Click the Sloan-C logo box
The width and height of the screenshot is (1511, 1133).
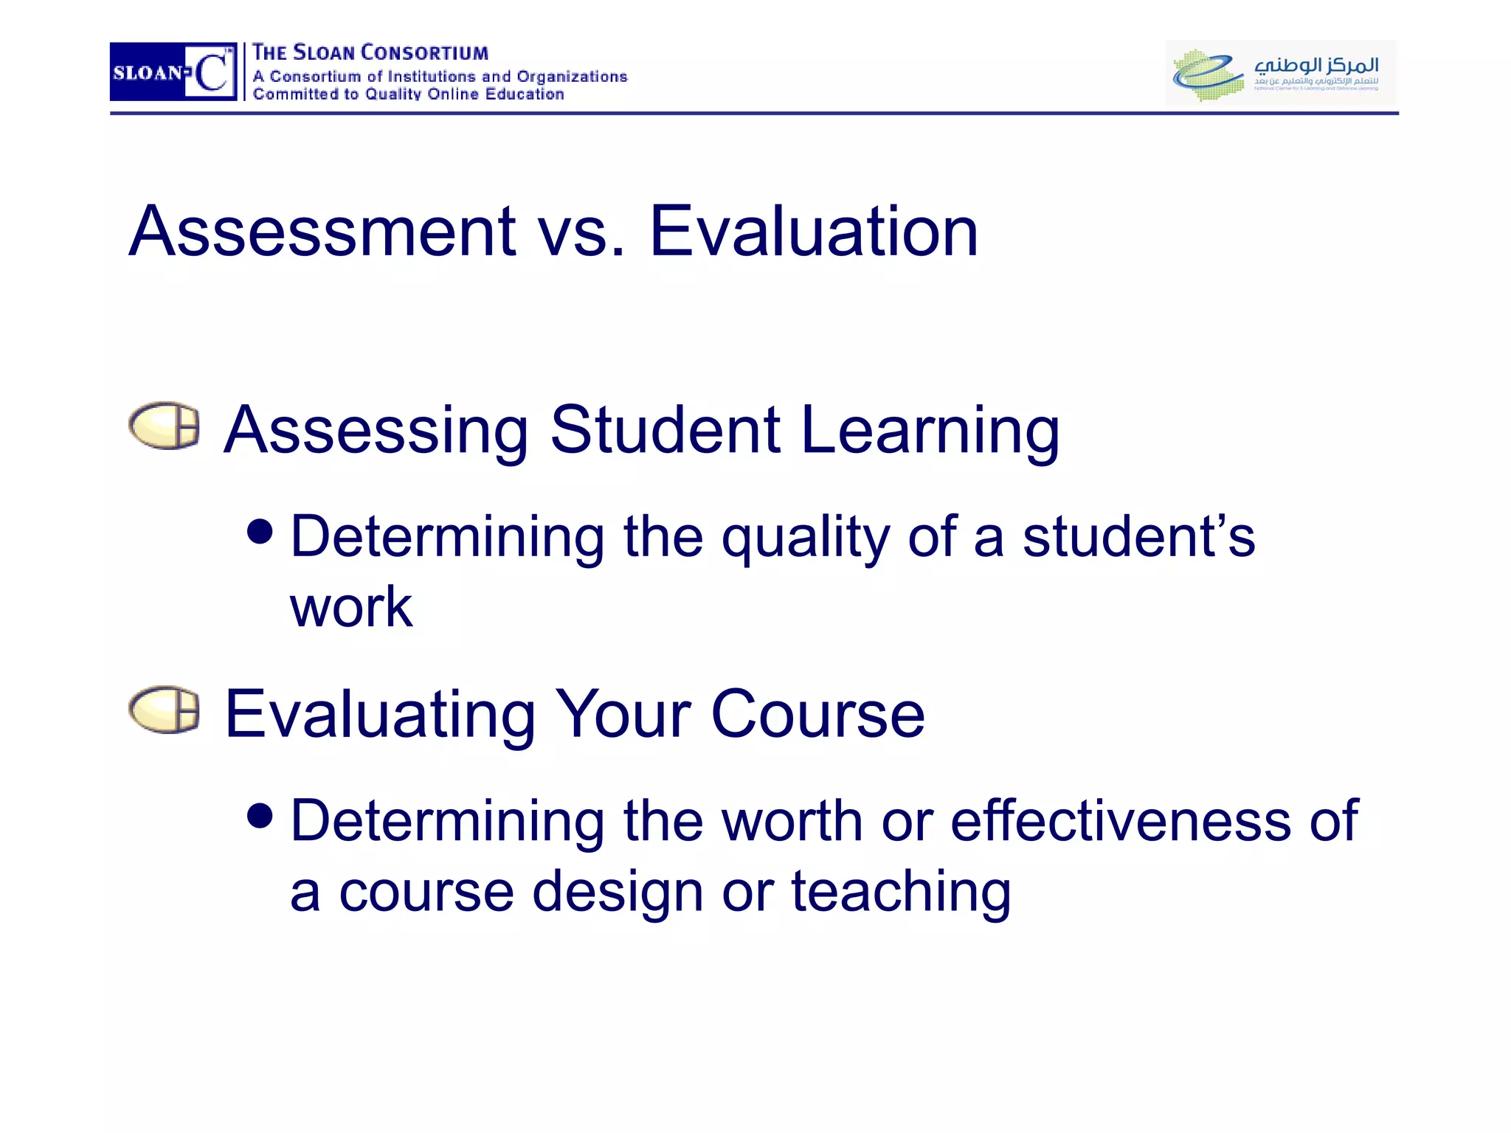pyautogui.click(x=173, y=72)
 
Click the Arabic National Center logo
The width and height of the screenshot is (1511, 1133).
pyautogui.click(x=1280, y=72)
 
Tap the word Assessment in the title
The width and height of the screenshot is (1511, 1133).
pyautogui.click(x=322, y=232)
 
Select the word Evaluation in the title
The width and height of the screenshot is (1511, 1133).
pyautogui.click(x=813, y=232)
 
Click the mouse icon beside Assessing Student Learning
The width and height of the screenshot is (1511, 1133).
pyautogui.click(x=165, y=426)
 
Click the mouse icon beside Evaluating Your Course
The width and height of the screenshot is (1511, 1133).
pyautogui.click(x=165, y=710)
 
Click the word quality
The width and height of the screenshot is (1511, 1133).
pyautogui.click(x=805, y=538)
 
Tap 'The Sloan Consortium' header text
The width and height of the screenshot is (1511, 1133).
pyautogui.click(x=370, y=53)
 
